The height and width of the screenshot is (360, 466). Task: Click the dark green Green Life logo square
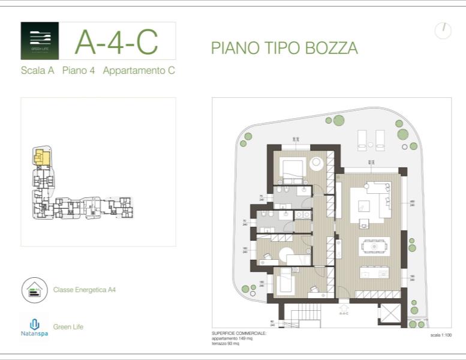coord(40,41)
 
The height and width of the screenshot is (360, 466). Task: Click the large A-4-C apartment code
coord(116,41)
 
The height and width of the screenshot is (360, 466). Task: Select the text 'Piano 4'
coord(79,70)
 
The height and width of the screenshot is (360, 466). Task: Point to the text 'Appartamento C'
coord(139,70)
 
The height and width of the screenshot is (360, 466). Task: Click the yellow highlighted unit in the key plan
coord(41,157)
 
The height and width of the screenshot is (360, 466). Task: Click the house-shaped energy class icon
coord(34,290)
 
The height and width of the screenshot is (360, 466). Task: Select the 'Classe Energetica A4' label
coord(84,290)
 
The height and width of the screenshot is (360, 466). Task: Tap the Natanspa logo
coord(34,327)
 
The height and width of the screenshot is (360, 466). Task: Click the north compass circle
coord(443,31)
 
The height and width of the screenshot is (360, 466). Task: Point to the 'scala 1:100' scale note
coord(441,335)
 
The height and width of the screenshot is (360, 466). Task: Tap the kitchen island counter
coord(374,272)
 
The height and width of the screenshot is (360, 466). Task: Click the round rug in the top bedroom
coord(316,163)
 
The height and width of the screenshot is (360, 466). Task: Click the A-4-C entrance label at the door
coord(344,313)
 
